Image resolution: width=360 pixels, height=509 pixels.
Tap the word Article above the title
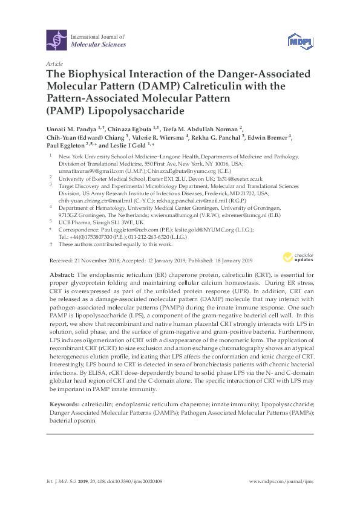pyautogui.click(x=53, y=63)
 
